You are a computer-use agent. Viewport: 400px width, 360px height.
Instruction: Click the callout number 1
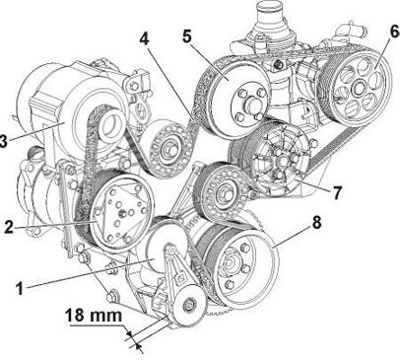tap(21, 289)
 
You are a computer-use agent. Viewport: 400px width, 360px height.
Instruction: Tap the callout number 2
tap(9, 227)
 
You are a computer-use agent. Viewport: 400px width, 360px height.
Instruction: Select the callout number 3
tap(3, 141)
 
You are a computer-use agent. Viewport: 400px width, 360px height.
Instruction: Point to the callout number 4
tap(144, 38)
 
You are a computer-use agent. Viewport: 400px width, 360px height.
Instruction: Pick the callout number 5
tap(187, 36)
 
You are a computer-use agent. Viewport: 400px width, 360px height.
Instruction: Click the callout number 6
tap(394, 32)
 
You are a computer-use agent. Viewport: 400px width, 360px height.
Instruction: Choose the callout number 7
tap(337, 192)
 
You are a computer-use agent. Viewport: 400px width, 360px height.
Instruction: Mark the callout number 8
tap(316, 222)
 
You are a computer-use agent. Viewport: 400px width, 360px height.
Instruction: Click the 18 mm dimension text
tap(94, 316)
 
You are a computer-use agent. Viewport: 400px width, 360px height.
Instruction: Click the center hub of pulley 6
tap(358, 88)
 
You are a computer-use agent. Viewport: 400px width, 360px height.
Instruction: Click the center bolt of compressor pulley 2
tap(121, 213)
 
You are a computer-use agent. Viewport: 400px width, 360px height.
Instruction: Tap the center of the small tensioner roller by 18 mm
tap(189, 306)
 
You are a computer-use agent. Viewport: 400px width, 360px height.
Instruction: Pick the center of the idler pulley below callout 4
tap(168, 150)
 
